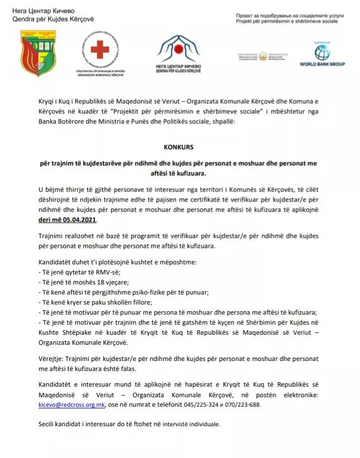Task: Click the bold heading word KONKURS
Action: (x=178, y=148)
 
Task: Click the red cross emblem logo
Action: (x=100, y=51)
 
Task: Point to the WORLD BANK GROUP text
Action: (x=322, y=65)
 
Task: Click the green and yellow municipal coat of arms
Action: (x=38, y=54)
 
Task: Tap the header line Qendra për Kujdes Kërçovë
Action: (x=52, y=19)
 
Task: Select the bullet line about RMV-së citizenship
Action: (x=79, y=272)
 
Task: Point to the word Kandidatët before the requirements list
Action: (x=57, y=262)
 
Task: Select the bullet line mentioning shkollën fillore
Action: (x=96, y=302)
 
